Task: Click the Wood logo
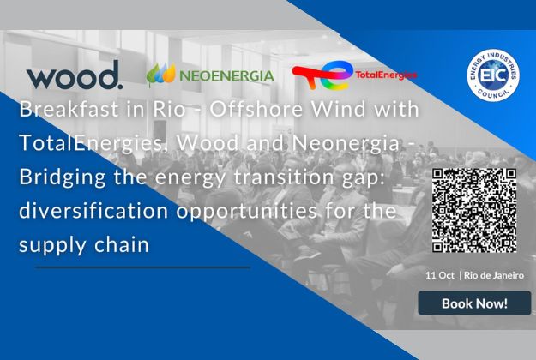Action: point(75,75)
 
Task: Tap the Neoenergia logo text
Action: point(226,75)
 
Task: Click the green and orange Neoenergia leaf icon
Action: point(161,74)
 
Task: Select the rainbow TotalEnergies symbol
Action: point(322,75)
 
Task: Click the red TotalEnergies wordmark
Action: point(386,75)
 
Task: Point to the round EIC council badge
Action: point(493,75)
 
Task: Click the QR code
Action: point(474,210)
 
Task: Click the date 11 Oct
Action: point(440,275)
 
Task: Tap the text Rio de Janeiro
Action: point(494,275)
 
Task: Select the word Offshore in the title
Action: point(256,110)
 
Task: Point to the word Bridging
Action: point(63,177)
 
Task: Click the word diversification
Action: point(93,211)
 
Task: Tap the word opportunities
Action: point(246,212)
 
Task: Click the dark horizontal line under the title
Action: point(143,267)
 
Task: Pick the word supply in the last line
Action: point(52,246)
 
